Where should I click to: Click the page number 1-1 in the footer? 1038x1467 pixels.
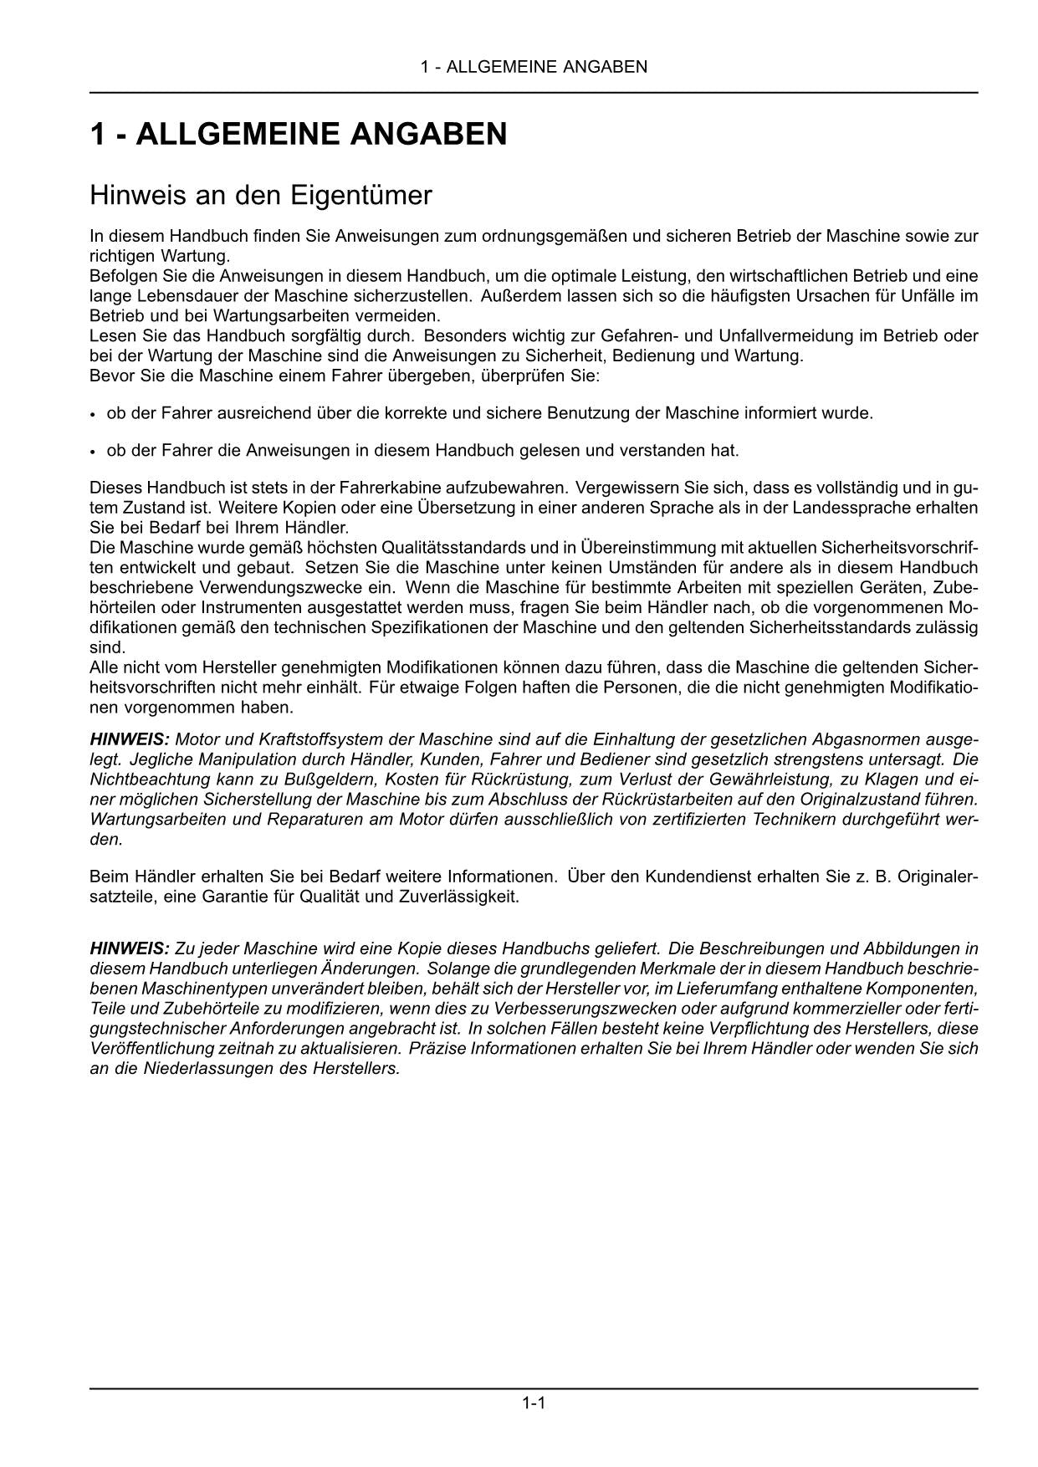pyautogui.click(x=534, y=1403)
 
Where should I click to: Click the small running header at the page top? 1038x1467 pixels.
pyautogui.click(x=534, y=67)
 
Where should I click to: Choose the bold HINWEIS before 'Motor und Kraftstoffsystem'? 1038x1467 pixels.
pyautogui.click(x=130, y=739)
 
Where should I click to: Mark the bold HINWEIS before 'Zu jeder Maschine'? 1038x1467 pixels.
pyautogui.click(x=130, y=948)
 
